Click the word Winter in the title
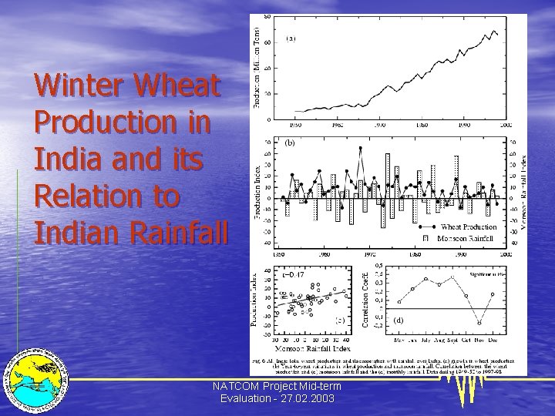tap(77, 86)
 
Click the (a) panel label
tap(291, 38)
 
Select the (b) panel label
tap(291, 143)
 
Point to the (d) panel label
tap(399, 320)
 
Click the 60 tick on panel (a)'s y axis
tap(267, 42)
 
